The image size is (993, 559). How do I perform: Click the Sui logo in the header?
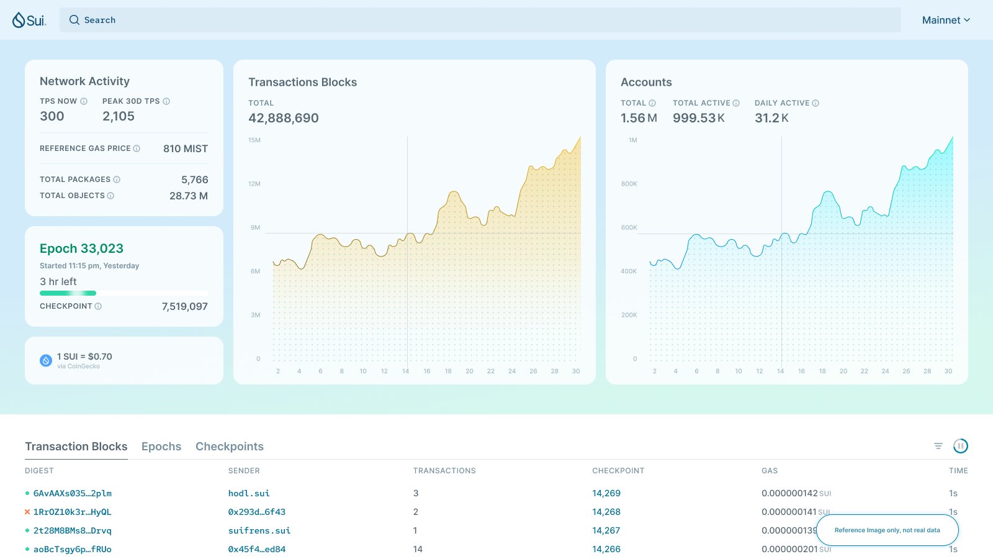pyautogui.click(x=29, y=20)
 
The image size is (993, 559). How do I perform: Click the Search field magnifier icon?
pyautogui.click(x=74, y=20)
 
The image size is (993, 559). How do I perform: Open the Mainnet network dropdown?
pyautogui.click(x=946, y=20)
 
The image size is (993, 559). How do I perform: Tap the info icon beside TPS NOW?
pyautogui.click(x=84, y=101)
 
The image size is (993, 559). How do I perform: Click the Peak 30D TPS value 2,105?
pyautogui.click(x=119, y=116)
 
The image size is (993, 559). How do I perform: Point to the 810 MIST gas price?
pyautogui.click(x=185, y=148)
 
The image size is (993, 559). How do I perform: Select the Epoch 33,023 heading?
pyautogui.click(x=81, y=248)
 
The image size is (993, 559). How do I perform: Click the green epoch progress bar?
pyautogui.click(x=68, y=293)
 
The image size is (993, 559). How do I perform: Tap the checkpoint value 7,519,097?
pyautogui.click(x=184, y=306)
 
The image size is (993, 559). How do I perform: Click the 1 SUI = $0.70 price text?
pyautogui.click(x=84, y=357)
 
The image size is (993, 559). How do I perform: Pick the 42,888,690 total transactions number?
pyautogui.click(x=284, y=118)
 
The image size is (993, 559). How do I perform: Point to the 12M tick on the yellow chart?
pyautogui.click(x=254, y=184)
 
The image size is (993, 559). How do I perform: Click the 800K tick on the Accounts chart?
pyautogui.click(x=629, y=184)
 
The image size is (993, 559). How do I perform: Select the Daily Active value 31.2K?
pyautogui.click(x=771, y=118)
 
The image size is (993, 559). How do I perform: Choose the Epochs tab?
pyautogui.click(x=161, y=447)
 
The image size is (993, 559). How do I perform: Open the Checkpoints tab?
pyautogui.click(x=230, y=447)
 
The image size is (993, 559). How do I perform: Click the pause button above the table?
pyautogui.click(x=960, y=446)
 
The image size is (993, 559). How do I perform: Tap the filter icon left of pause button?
pyautogui.click(x=938, y=446)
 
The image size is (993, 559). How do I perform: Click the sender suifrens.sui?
pyautogui.click(x=259, y=530)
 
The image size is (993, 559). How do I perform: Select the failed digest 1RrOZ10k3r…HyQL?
pyautogui.click(x=72, y=512)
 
